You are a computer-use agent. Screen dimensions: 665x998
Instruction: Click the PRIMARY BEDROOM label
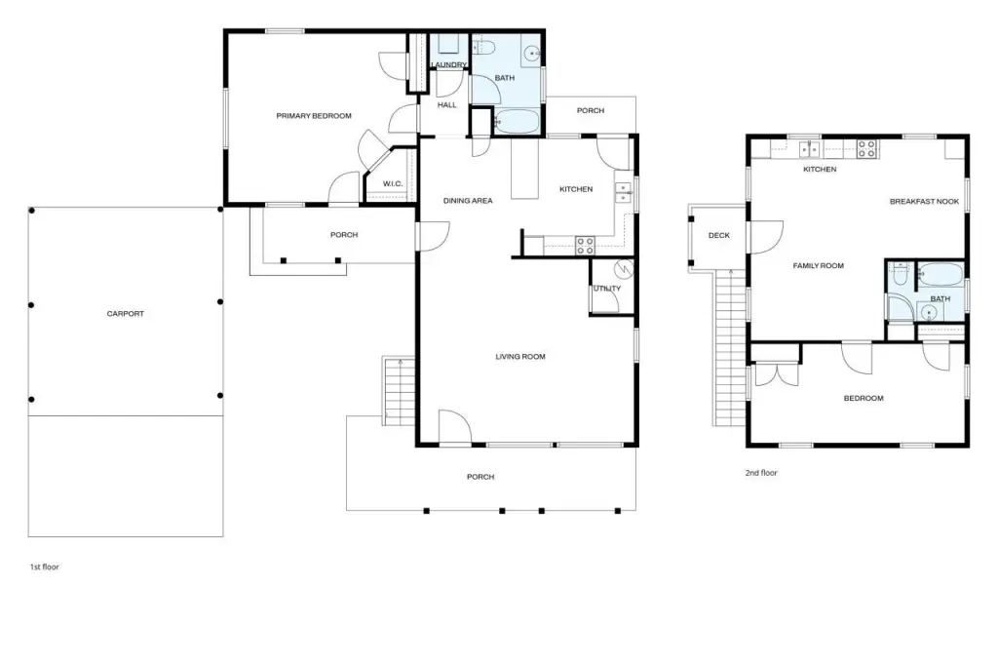[x=313, y=116]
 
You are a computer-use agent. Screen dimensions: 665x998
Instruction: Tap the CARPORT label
[x=126, y=314]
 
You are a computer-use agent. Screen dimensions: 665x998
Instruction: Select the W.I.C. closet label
[x=393, y=183]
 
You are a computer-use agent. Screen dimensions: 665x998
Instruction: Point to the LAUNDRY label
[x=449, y=65]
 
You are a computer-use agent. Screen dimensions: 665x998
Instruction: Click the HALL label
[x=446, y=104]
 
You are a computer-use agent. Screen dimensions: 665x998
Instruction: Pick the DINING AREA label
[x=468, y=201]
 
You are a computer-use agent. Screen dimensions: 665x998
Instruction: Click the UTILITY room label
[x=606, y=289]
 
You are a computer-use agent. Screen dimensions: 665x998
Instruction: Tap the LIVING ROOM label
[x=519, y=357]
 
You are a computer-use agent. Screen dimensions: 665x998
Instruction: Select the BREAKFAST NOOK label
[x=924, y=202]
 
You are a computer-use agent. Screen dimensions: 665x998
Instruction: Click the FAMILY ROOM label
[x=818, y=266]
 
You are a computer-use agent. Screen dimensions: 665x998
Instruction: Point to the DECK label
[x=719, y=235]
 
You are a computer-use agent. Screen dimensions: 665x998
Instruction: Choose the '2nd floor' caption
[x=761, y=473]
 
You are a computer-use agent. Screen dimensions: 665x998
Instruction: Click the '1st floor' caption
[x=44, y=567]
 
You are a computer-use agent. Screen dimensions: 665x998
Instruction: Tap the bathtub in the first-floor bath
[x=517, y=122]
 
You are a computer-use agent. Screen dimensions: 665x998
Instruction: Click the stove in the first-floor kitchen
[x=585, y=245]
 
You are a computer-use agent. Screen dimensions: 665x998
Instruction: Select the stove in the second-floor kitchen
[x=865, y=148]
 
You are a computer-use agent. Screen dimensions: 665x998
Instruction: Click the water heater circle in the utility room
[x=625, y=267]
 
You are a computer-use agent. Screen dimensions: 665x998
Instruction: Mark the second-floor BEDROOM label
[x=863, y=398]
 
